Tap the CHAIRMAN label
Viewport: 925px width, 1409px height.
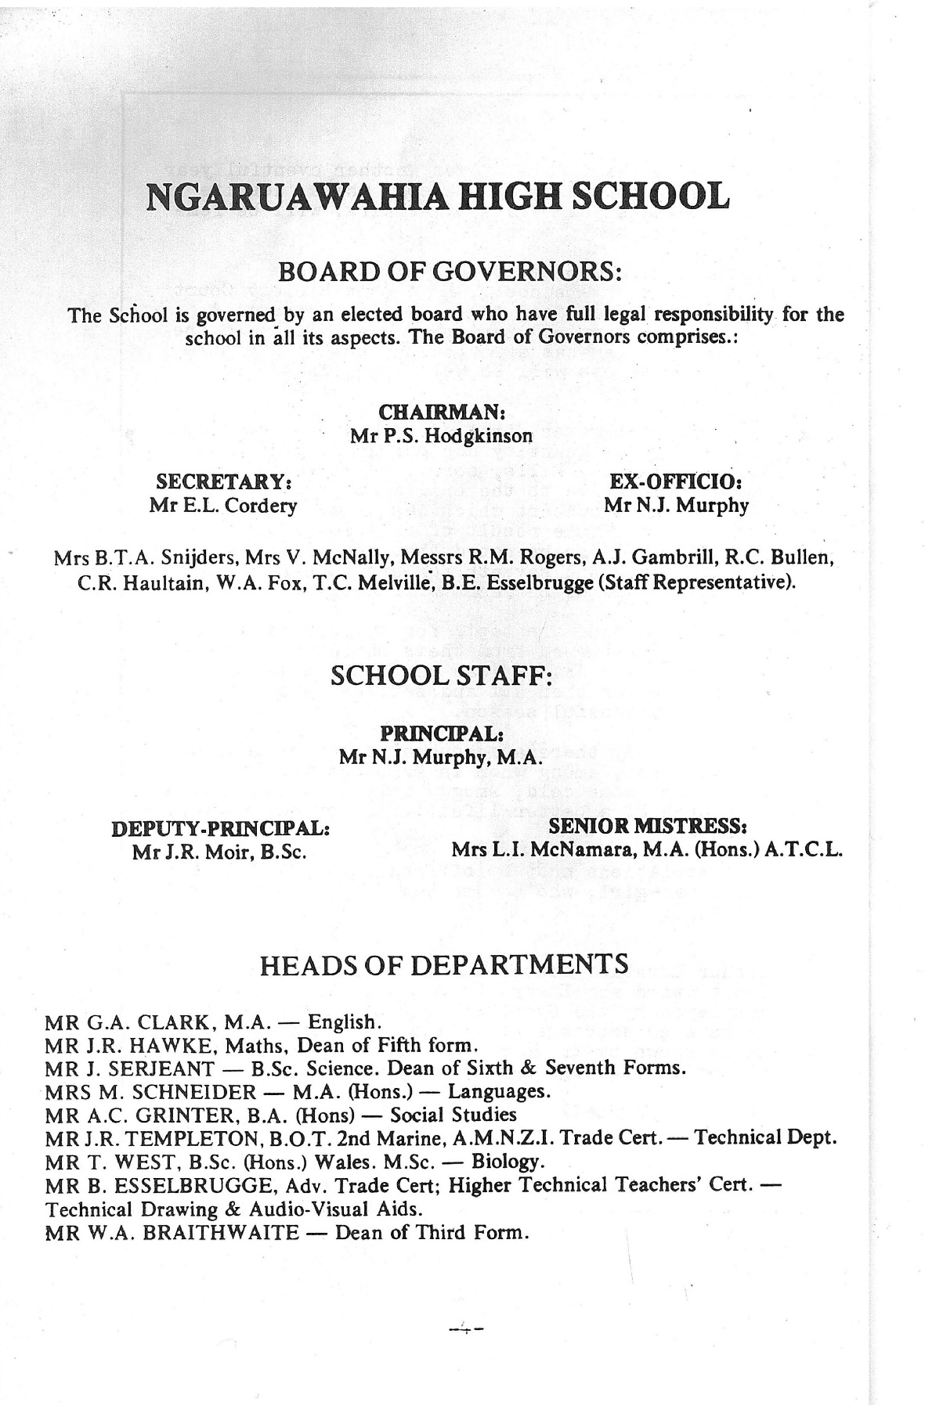click(x=440, y=412)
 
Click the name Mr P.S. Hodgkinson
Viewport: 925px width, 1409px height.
click(x=441, y=435)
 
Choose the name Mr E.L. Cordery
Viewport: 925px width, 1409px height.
click(x=223, y=506)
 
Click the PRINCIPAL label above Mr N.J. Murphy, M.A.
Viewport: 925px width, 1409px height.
click(x=440, y=734)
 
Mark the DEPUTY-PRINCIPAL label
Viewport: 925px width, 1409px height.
click(x=220, y=828)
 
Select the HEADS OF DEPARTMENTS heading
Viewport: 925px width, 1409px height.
click(x=443, y=964)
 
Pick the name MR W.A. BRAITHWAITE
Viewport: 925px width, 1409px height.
click(x=172, y=1233)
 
